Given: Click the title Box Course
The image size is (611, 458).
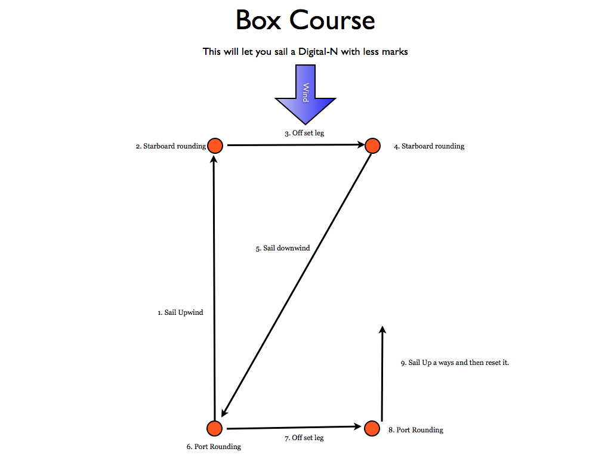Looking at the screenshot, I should tap(305, 20).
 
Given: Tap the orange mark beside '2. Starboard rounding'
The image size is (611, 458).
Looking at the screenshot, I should tap(215, 146).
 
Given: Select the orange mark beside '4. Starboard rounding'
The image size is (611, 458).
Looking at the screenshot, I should tap(372, 146).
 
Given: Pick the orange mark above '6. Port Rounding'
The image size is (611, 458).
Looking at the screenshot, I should tap(214, 428).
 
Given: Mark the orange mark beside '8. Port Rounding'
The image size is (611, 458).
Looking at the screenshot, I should tap(372, 428).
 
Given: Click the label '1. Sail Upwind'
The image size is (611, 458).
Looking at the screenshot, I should tap(180, 312).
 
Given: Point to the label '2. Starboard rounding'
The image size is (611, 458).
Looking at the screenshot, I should tap(171, 146).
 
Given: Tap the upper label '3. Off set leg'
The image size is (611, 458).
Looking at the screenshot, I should tap(304, 133).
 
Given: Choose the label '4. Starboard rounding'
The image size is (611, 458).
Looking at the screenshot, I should tap(429, 146).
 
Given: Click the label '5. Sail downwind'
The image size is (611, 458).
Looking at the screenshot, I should tap(283, 248).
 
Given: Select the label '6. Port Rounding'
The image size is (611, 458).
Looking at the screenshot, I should tap(214, 447).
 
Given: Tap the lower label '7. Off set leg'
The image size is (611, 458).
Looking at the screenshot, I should tap(304, 438).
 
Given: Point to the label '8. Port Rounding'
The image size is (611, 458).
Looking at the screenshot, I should tap(416, 430).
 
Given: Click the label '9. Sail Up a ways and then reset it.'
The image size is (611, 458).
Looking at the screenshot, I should tap(455, 363).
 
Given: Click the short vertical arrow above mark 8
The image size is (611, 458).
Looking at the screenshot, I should tap(382, 373).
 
